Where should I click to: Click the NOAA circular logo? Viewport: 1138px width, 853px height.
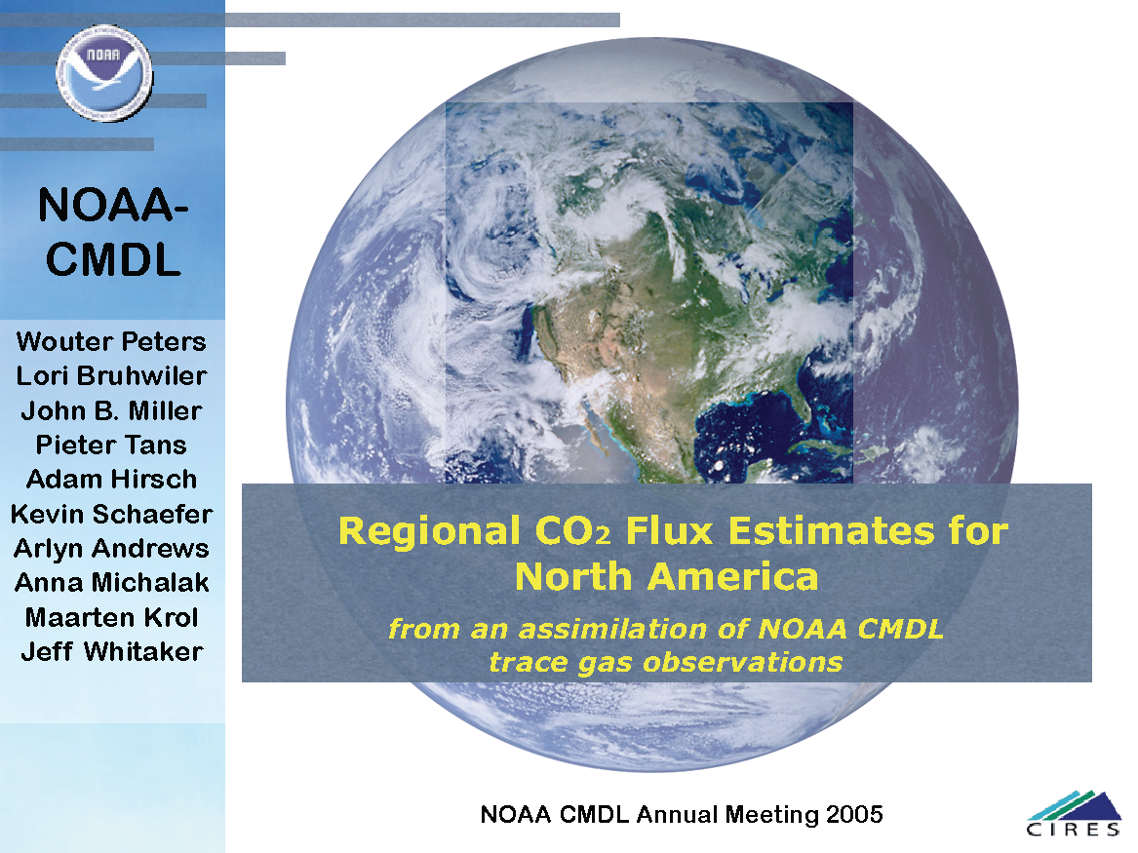pyautogui.click(x=104, y=73)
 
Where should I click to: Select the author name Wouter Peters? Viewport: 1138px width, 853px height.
pyautogui.click(x=111, y=341)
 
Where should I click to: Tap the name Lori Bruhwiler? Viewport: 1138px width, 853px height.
pyautogui.click(x=111, y=375)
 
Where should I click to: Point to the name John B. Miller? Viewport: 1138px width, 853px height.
pyautogui.click(x=111, y=410)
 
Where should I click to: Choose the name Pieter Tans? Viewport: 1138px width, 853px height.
pyautogui.click(x=111, y=445)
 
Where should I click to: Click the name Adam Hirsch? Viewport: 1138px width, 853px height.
pyautogui.click(x=111, y=480)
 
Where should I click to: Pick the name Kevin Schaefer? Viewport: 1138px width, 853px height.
pyautogui.click(x=111, y=514)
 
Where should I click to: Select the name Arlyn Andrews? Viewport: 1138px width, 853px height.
pyautogui.click(x=111, y=548)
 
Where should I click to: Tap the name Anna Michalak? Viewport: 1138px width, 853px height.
pyautogui.click(x=111, y=582)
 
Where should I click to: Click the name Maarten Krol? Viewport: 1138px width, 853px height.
pyautogui.click(x=111, y=617)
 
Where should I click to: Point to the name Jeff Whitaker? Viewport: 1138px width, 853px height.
pyautogui.click(x=111, y=651)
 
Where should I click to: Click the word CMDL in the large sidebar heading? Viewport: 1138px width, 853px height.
pyautogui.click(x=113, y=259)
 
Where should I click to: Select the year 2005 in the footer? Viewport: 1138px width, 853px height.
pyautogui.click(x=854, y=815)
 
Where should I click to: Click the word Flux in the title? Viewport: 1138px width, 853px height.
pyautogui.click(x=670, y=530)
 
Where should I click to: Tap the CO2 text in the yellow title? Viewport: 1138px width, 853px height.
pyautogui.click(x=572, y=531)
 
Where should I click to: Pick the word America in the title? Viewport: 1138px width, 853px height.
pyautogui.click(x=733, y=577)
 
